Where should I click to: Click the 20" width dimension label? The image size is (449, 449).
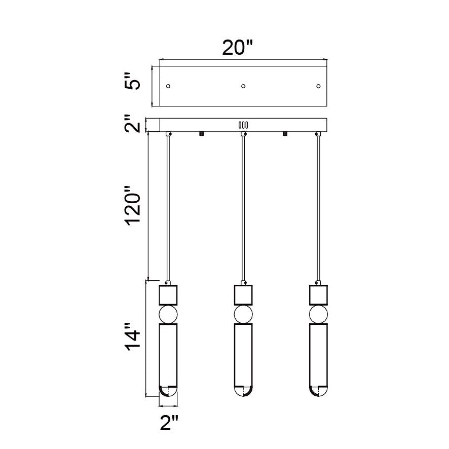237,47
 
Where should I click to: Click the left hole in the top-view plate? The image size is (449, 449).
168,86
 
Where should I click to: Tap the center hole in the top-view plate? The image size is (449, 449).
243,86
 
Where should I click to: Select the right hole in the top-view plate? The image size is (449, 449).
318,86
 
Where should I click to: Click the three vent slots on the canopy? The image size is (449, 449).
243,125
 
